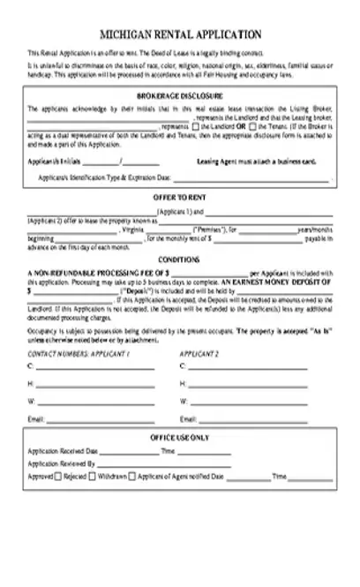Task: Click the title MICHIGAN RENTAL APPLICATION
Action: pos(180,34)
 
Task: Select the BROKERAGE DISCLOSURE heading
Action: pos(179,94)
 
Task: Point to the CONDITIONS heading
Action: pos(179,260)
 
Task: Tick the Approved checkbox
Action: pos(58,476)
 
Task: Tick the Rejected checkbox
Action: pos(91,476)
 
